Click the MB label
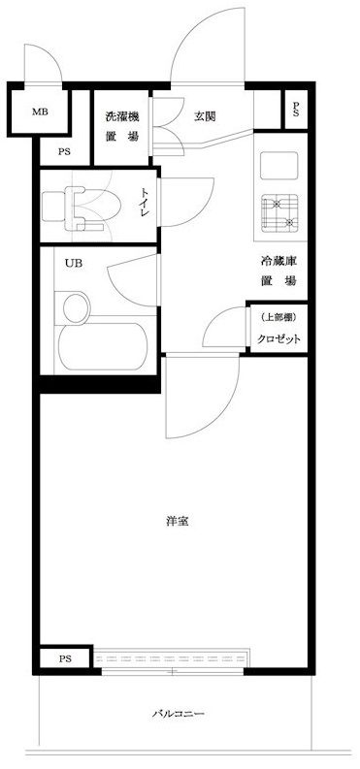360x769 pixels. (x=40, y=112)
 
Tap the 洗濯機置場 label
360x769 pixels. (x=122, y=126)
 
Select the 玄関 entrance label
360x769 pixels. (x=204, y=116)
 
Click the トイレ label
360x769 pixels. (x=146, y=204)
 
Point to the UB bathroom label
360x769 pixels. (x=74, y=264)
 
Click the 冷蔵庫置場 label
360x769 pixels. (x=278, y=272)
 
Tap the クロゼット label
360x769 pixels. (x=278, y=338)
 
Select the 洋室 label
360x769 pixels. (x=177, y=522)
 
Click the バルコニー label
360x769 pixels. (x=178, y=714)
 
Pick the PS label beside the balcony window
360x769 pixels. (x=65, y=658)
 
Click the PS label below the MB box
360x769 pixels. (x=64, y=151)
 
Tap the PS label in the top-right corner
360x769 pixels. (x=296, y=110)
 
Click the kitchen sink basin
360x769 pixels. (x=278, y=166)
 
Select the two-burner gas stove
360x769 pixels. (x=279, y=212)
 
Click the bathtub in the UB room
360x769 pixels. (x=103, y=347)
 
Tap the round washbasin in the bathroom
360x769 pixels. (x=77, y=308)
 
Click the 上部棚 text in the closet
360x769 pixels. (x=278, y=317)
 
